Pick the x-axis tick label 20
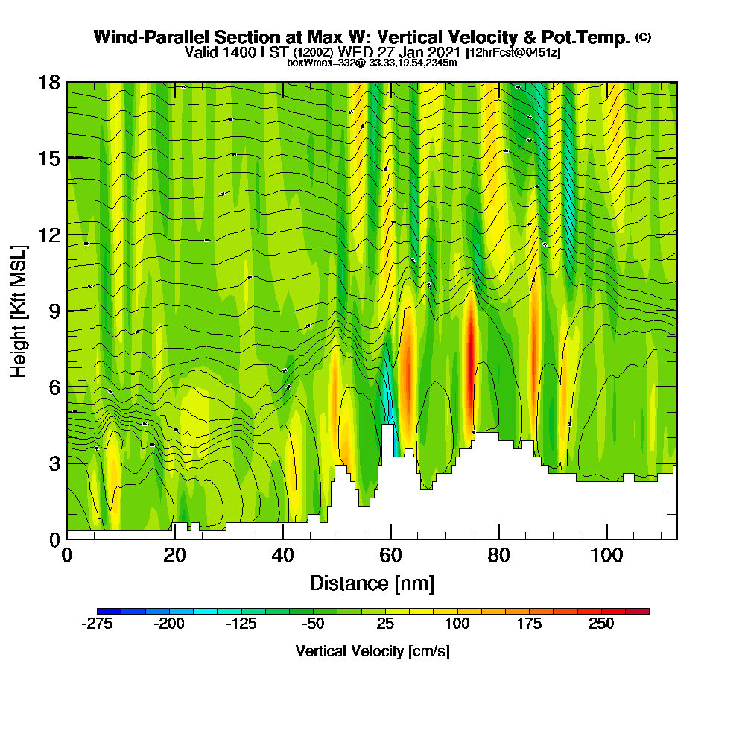coord(174,555)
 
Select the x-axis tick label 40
coord(283,555)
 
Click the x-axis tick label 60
coord(390,555)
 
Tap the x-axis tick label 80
coord(498,555)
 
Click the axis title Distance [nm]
coord(372,583)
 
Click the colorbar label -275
coord(96,624)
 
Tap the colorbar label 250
coord(601,624)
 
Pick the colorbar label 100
coord(457,624)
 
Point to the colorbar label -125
coord(241,624)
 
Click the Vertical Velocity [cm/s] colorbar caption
coord(372,651)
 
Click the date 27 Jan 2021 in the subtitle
coord(416,52)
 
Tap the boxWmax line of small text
coord(372,63)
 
